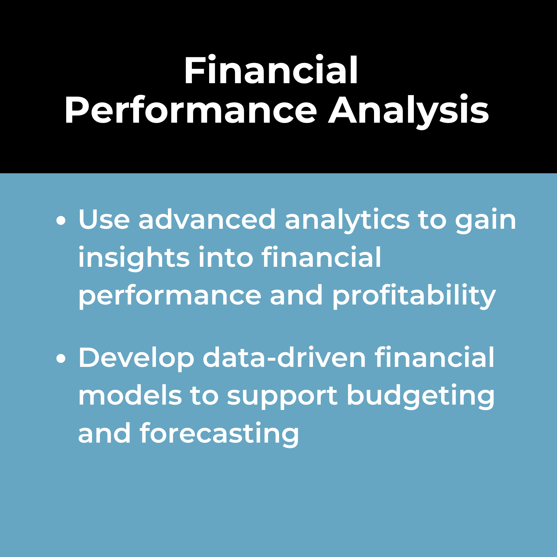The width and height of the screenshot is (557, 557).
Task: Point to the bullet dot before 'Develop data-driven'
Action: click(61, 359)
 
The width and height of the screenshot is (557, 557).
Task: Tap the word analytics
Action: click(347, 221)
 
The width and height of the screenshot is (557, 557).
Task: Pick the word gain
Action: click(486, 221)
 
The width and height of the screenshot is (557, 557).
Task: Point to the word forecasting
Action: click(219, 434)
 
